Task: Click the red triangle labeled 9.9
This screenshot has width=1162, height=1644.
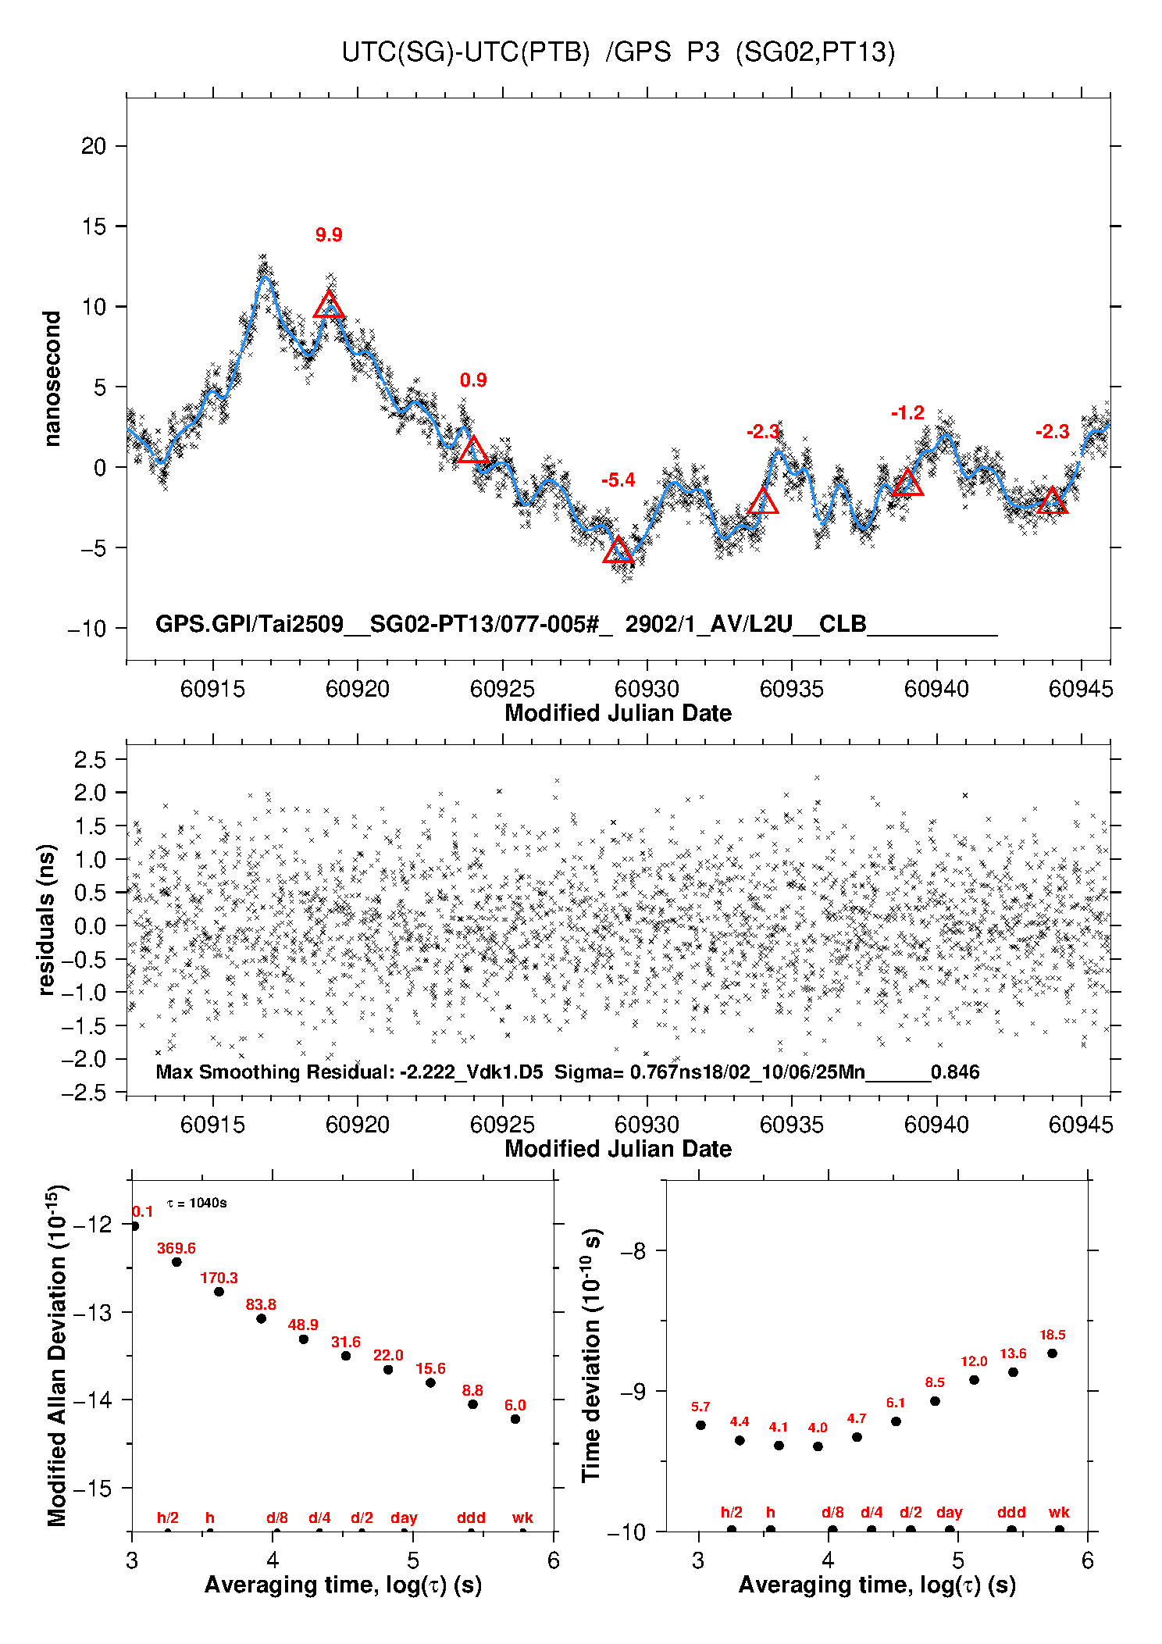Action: (329, 305)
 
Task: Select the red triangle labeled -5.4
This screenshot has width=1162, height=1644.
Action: (618, 550)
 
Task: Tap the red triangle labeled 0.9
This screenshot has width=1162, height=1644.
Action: (473, 450)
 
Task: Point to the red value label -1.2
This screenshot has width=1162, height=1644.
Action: (907, 412)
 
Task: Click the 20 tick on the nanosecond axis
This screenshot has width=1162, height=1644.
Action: (94, 146)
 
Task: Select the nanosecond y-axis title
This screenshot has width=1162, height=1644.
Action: (52, 379)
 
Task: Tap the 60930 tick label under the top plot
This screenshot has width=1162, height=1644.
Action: (647, 689)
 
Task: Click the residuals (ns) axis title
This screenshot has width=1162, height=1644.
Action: (47, 919)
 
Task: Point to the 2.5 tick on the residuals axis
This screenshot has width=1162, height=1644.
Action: (89, 759)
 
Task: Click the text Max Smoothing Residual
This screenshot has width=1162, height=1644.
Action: (275, 1072)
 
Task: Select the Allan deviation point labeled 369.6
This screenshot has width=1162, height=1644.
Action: (176, 1262)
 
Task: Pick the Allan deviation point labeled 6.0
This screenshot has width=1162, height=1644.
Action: (515, 1419)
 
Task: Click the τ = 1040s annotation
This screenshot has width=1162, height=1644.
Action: (197, 1203)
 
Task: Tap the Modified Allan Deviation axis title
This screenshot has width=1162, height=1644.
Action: (57, 1355)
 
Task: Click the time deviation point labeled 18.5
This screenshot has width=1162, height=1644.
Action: (1052, 1353)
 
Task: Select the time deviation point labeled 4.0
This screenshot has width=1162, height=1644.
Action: (818, 1446)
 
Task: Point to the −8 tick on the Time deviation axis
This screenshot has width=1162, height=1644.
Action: (633, 1251)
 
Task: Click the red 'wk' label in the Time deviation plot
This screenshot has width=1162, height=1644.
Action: (1059, 1513)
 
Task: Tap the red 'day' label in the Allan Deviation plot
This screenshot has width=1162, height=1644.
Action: (404, 1517)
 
